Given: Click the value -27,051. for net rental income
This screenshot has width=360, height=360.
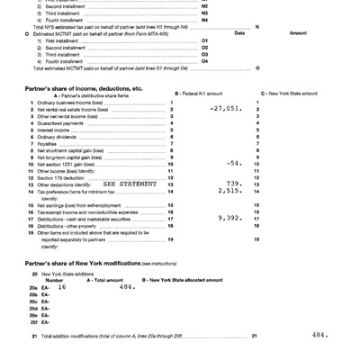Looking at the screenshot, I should coord(225,107).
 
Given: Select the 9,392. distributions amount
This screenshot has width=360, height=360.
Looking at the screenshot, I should coord(230,217).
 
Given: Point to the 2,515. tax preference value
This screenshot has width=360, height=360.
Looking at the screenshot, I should coord(230,191).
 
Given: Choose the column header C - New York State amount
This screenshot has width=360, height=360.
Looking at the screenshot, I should coord(288,94).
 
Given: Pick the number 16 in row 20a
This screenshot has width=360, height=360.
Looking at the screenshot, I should coord(62,287).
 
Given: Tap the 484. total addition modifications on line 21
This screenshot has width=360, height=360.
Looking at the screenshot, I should coord(319,334).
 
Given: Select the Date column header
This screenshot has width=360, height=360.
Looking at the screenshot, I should coord(239,32).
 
